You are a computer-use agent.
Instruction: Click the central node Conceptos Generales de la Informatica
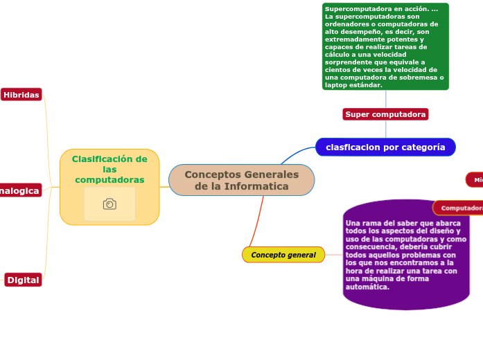click(241, 180)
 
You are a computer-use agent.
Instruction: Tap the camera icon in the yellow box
click(109, 204)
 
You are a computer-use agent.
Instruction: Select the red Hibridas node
click(21, 95)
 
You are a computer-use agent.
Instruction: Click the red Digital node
click(24, 280)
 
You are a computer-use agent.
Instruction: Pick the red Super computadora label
click(385, 114)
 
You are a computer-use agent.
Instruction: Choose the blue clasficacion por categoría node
click(385, 147)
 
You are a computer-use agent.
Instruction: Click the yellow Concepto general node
click(283, 255)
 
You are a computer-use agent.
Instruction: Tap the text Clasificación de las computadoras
click(109, 169)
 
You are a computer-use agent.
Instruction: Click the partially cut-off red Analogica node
click(19, 190)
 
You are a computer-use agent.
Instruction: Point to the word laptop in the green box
click(336, 85)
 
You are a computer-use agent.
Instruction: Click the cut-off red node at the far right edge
click(475, 180)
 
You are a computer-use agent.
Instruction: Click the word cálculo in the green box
click(337, 55)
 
